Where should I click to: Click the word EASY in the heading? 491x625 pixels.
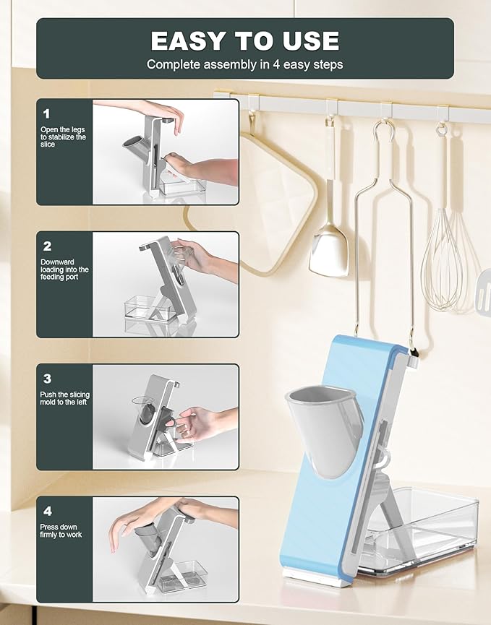(x=188, y=41)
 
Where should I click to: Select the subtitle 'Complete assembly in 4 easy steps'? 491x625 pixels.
(x=245, y=64)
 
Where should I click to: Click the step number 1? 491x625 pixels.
(x=47, y=114)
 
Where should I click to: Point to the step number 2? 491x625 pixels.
(x=48, y=246)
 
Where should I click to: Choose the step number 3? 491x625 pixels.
(x=48, y=379)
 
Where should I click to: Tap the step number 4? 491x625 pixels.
(x=48, y=511)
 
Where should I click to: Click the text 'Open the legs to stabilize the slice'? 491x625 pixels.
(x=63, y=137)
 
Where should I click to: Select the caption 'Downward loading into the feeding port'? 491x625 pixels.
(x=64, y=270)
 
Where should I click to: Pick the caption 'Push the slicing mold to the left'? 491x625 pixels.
(x=64, y=398)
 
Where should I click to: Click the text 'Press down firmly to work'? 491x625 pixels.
(x=61, y=530)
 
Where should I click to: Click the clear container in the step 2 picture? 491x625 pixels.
(x=148, y=308)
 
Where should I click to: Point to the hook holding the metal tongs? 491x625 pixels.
(x=384, y=132)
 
